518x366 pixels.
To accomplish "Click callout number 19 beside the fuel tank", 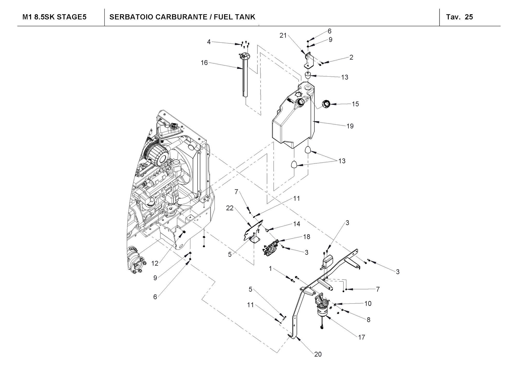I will pyautogui.click(x=350, y=126).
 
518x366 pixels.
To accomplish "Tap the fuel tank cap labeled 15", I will pyautogui.click(x=326, y=105).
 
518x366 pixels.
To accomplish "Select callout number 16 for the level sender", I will pyautogui.click(x=204, y=63).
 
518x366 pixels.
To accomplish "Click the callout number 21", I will pyautogui.click(x=283, y=36).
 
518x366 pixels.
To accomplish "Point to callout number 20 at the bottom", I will pyautogui.click(x=318, y=354).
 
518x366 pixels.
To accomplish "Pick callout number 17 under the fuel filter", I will pyautogui.click(x=362, y=337).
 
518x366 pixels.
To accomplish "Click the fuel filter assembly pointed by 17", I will pyautogui.click(x=322, y=307).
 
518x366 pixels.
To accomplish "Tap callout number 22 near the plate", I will pyautogui.click(x=230, y=208).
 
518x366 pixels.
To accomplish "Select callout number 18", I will pyautogui.click(x=306, y=237).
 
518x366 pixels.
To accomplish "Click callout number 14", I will pyautogui.click(x=297, y=224).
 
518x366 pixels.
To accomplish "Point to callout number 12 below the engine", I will pyautogui.click(x=155, y=263).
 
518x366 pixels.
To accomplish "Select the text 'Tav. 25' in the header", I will pyautogui.click(x=459, y=17).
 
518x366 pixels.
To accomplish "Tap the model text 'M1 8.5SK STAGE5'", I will pyautogui.click(x=54, y=17).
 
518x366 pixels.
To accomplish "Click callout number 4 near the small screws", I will pyautogui.click(x=209, y=42).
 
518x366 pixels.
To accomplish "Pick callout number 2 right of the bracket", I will pyautogui.click(x=351, y=57).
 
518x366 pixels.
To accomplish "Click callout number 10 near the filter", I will pyautogui.click(x=368, y=303).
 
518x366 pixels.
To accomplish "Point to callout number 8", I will pyautogui.click(x=368, y=320).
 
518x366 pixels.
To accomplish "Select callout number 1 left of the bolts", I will pyautogui.click(x=270, y=269).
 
